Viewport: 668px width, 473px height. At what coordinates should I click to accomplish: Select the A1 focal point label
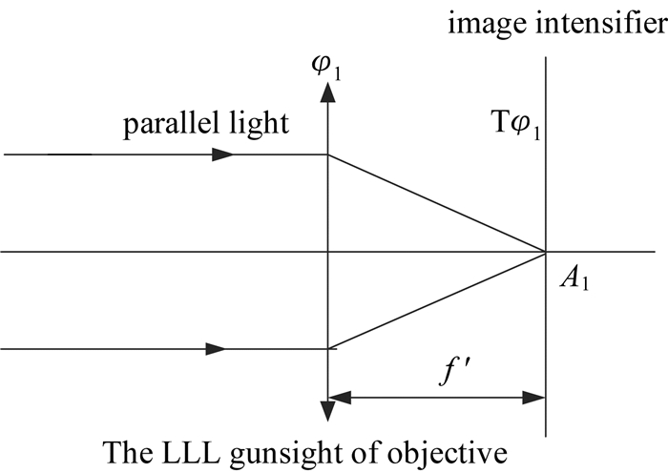pos(574,279)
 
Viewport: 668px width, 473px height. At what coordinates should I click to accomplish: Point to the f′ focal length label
pos(454,371)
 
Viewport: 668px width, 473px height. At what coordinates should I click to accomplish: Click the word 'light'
pos(260,123)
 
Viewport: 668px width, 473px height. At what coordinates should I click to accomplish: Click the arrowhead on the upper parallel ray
pos(222,154)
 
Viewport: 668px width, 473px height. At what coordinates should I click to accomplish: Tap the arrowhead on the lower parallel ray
pos(216,349)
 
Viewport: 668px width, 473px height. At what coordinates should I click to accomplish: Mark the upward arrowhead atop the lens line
pos(327,92)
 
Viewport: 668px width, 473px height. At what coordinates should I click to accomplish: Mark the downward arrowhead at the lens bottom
pos(327,411)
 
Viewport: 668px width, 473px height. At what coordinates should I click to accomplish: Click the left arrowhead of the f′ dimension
pos(340,398)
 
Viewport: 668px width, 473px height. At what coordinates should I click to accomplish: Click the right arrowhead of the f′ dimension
pos(533,398)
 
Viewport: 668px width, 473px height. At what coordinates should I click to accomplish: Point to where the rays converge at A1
pos(545,252)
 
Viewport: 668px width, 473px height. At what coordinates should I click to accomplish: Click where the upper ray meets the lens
pos(327,154)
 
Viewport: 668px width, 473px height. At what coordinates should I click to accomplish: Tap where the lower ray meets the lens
pos(327,349)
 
